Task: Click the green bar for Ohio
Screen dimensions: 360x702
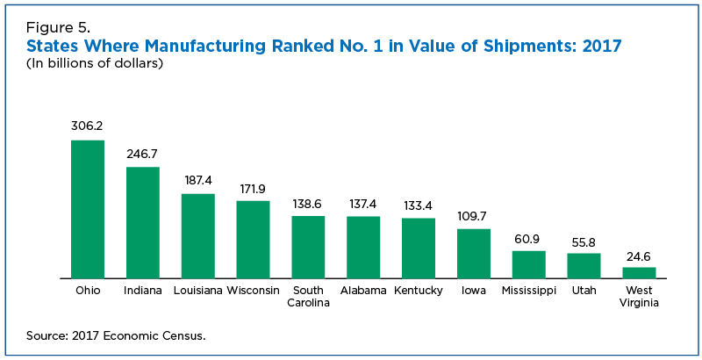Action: point(88,209)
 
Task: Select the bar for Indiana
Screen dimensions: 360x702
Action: point(143,222)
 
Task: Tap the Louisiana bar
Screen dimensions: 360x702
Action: point(198,235)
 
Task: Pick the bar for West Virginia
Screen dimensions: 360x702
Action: point(639,272)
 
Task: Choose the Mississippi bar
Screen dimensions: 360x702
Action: point(529,264)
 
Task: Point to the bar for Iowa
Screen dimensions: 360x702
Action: point(474,253)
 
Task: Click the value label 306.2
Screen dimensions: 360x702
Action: point(88,126)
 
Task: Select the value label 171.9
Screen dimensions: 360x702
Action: point(254,188)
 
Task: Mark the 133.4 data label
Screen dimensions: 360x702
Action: point(419,205)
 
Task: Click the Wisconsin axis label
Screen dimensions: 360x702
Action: point(253,290)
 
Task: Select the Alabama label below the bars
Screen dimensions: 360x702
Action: point(363,290)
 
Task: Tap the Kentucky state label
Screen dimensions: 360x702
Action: point(419,290)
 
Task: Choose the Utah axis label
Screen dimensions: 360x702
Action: point(584,290)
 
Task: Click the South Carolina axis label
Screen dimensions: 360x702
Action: point(308,296)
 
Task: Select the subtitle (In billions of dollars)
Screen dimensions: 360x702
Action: point(95,63)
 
